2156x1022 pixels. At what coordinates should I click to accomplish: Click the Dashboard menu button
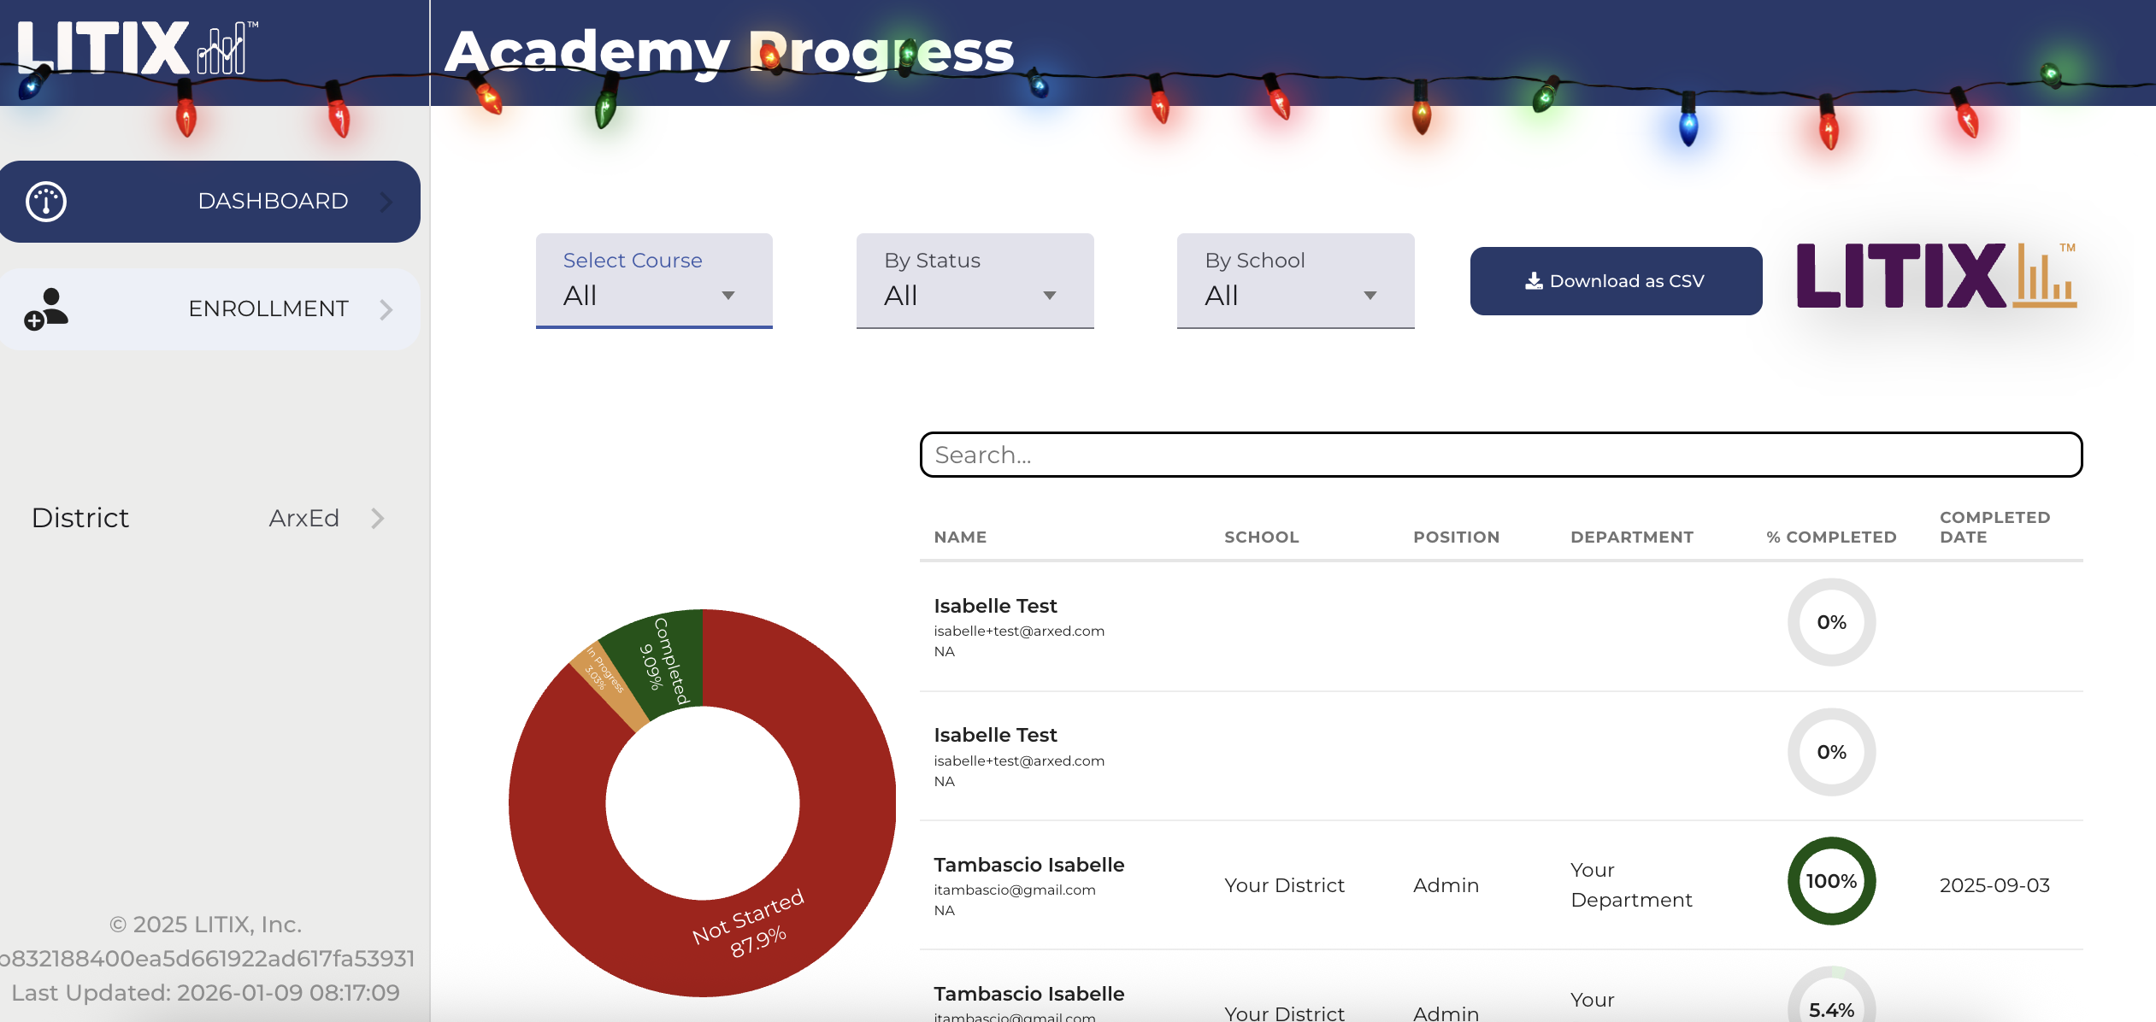pyautogui.click(x=209, y=202)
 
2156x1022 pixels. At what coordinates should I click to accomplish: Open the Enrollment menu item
pyautogui.click(x=209, y=308)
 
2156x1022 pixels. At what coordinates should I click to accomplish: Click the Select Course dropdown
pyautogui.click(x=654, y=280)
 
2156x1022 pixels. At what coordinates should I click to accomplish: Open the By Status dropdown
pyautogui.click(x=975, y=280)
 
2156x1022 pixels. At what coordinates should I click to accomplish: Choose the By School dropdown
pyautogui.click(x=1295, y=280)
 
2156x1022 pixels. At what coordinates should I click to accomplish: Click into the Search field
pyautogui.click(x=1500, y=455)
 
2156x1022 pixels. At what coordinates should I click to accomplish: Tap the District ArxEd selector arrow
pyautogui.click(x=378, y=519)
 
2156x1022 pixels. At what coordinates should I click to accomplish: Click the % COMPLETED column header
pyautogui.click(x=1831, y=537)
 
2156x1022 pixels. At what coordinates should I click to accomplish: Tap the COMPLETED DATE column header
pyautogui.click(x=1994, y=527)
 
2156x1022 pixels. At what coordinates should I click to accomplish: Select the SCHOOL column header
pyautogui.click(x=1261, y=537)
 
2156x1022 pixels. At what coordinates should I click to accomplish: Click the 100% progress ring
pyautogui.click(x=1831, y=881)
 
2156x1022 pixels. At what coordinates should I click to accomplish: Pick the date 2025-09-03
pyautogui.click(x=1994, y=885)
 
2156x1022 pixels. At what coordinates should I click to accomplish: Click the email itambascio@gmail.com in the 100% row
pyautogui.click(x=1014, y=890)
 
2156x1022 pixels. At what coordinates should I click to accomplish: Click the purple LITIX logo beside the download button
pyautogui.click(x=1935, y=276)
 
